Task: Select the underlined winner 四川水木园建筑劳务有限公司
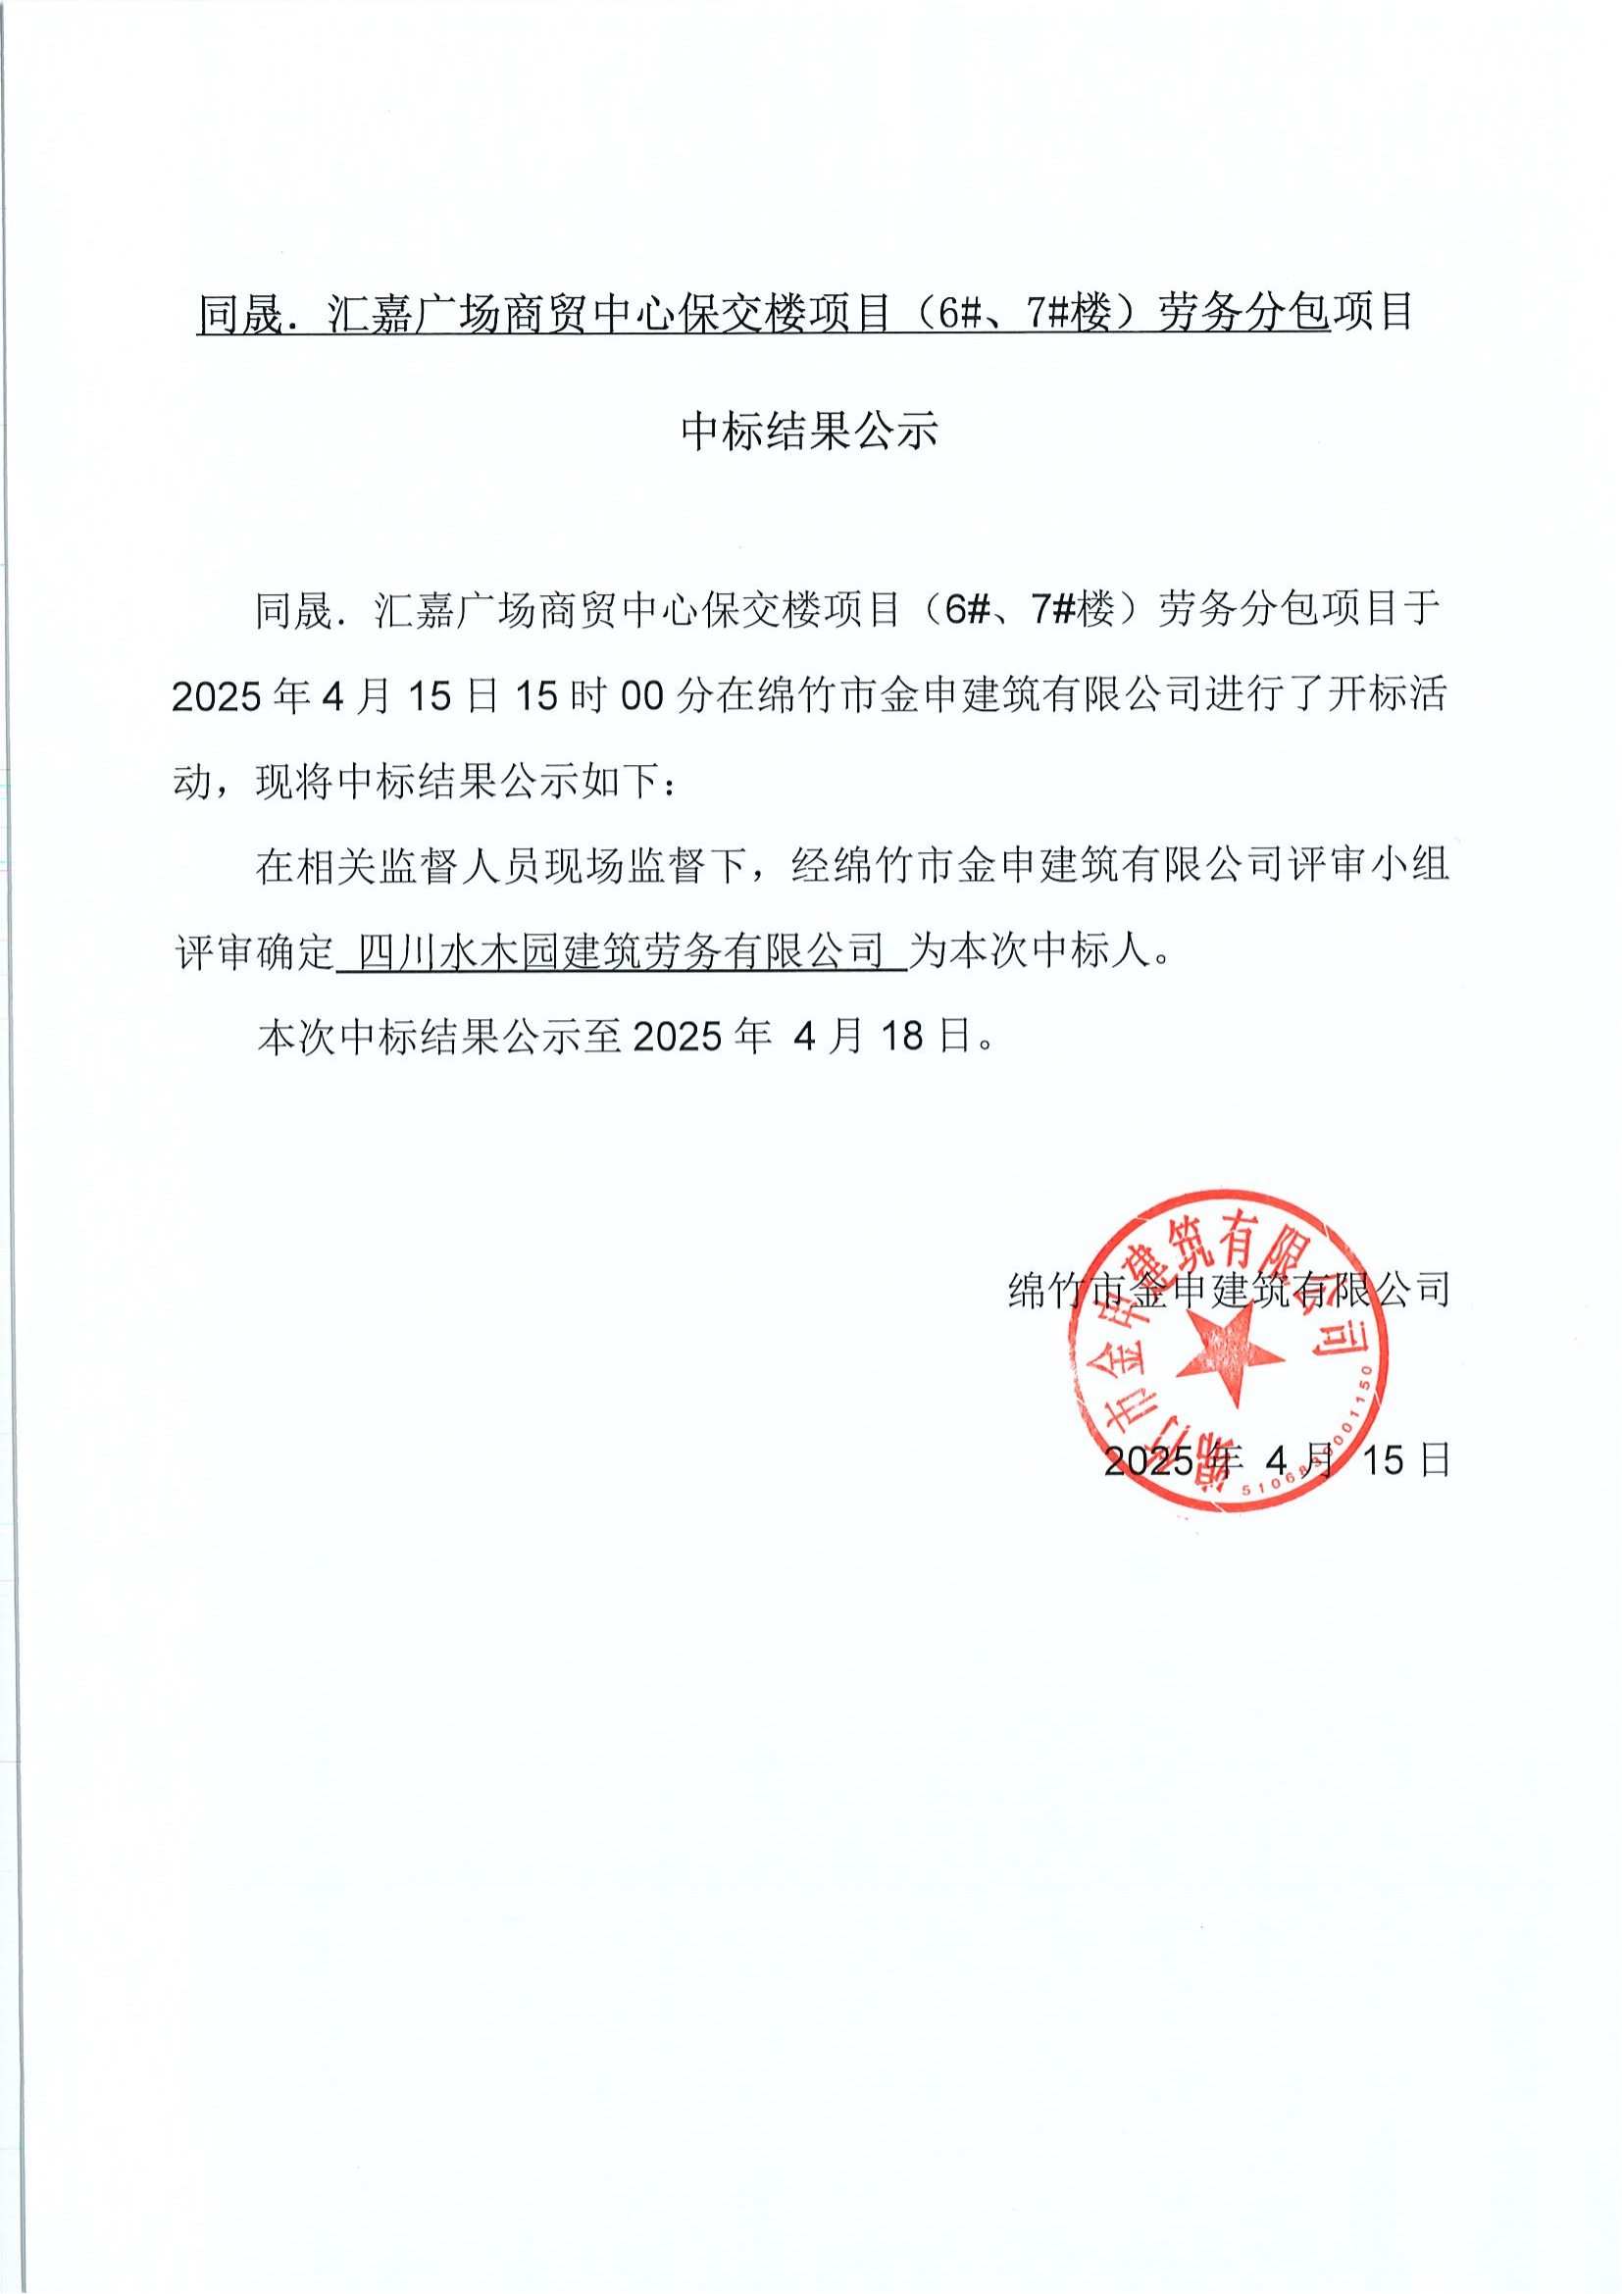(x=621, y=952)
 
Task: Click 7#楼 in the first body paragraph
(x=1073, y=609)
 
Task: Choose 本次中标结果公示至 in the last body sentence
(x=439, y=1036)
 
